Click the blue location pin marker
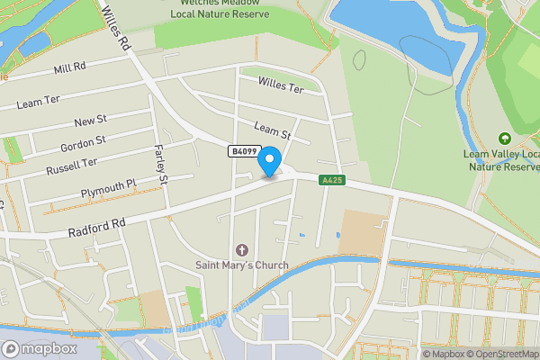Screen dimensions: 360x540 (x=269, y=162)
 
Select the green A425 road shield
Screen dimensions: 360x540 (x=331, y=181)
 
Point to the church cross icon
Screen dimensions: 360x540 (x=241, y=249)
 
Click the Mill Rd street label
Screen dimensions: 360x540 (x=69, y=68)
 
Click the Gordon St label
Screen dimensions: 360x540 (x=83, y=143)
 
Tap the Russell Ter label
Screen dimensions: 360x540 (x=71, y=166)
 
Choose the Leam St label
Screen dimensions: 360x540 (x=273, y=133)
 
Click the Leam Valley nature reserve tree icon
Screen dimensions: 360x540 (x=504, y=139)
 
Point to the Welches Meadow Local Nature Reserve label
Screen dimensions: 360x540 (x=220, y=8)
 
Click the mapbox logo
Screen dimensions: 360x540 (x=39, y=347)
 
